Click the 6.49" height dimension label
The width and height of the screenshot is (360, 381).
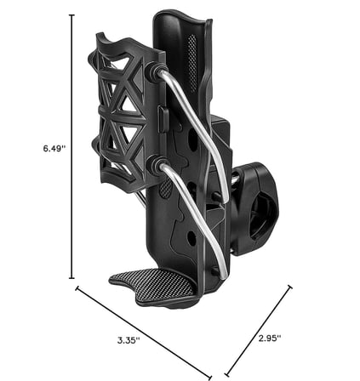click(x=54, y=148)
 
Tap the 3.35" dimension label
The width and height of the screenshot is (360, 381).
click(x=129, y=340)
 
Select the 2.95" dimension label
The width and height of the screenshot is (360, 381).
click(x=270, y=338)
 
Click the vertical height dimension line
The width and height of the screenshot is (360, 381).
click(x=72, y=146)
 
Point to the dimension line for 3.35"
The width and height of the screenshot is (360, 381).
click(x=144, y=333)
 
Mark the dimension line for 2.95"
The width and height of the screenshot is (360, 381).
click(x=259, y=330)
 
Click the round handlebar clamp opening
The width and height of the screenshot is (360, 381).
click(x=262, y=215)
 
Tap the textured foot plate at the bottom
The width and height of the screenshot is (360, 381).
click(x=156, y=287)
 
